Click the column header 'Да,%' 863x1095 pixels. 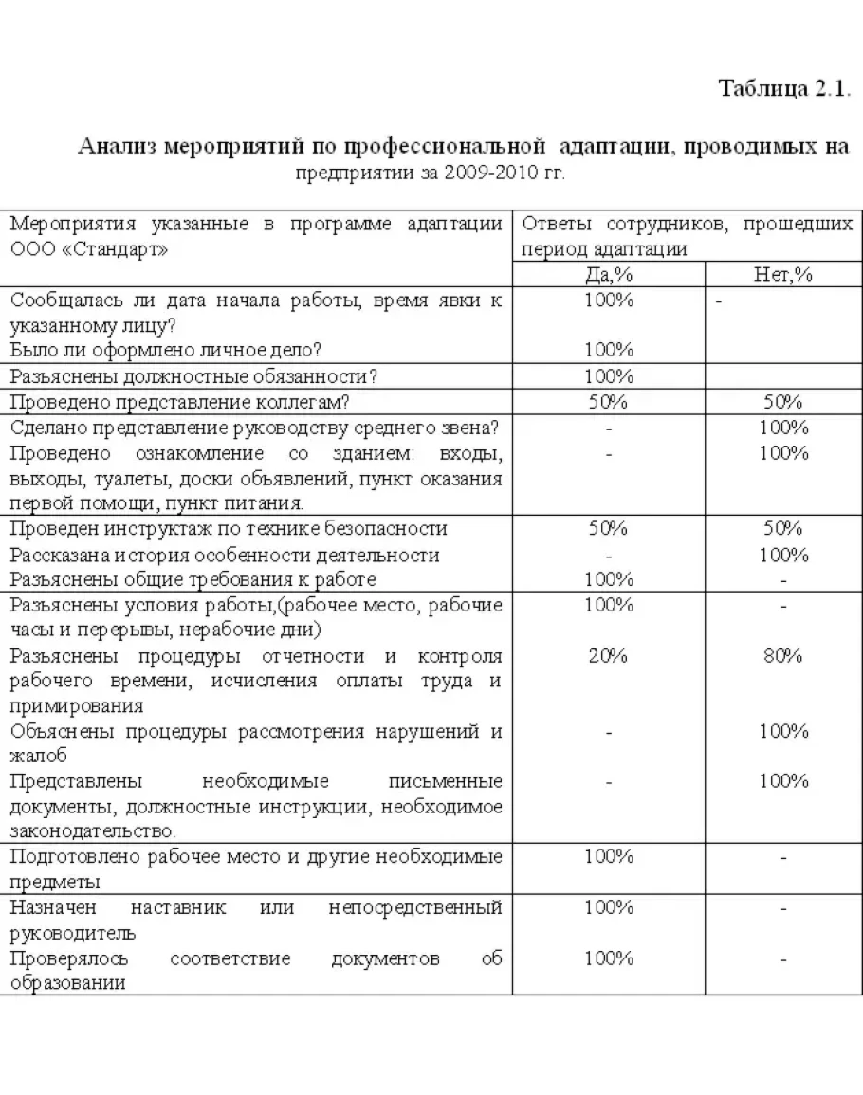[x=608, y=275]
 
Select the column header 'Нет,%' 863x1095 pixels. [x=783, y=275]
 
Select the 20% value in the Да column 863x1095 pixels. [x=608, y=656]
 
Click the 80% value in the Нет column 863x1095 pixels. [x=783, y=656]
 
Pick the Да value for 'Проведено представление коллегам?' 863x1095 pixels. [x=608, y=402]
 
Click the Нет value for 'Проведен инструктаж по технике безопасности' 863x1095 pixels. [x=783, y=528]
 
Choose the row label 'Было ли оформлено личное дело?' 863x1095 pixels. [x=166, y=351]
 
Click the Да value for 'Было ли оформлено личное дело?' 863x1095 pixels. [x=608, y=351]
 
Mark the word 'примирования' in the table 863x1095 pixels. [x=77, y=706]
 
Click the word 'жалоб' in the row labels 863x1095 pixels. [x=39, y=757]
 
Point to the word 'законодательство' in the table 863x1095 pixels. [x=92, y=831]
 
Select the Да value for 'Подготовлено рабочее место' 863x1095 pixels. [x=608, y=857]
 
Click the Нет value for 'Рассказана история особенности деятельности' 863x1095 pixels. [x=783, y=554]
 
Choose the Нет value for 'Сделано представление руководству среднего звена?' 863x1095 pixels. [x=783, y=428]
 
